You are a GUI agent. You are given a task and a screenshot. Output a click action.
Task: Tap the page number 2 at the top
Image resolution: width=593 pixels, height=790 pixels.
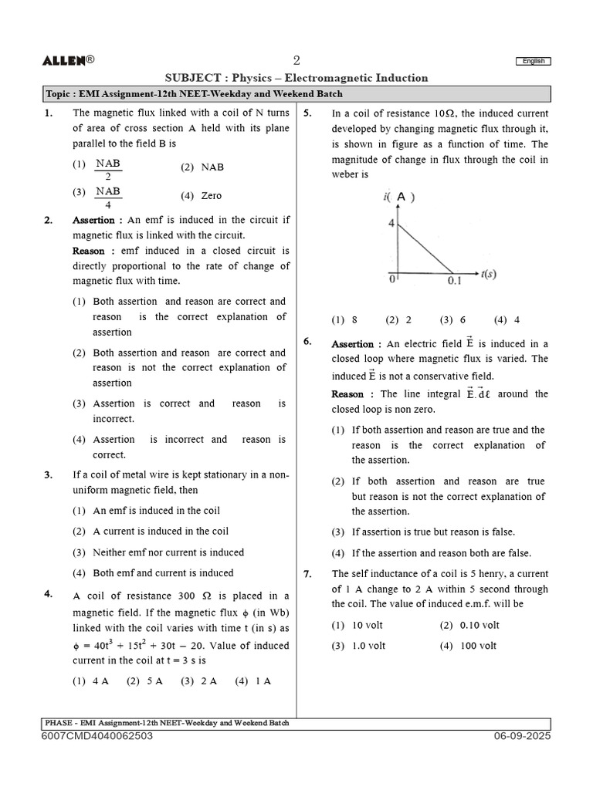[x=296, y=61]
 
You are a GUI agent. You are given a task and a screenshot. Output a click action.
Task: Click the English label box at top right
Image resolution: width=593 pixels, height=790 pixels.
[x=533, y=61]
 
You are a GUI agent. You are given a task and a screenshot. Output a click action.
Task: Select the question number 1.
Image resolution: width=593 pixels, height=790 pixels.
[x=49, y=113]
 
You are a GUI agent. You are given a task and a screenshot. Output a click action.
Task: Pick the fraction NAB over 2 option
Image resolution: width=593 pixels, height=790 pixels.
[x=108, y=169]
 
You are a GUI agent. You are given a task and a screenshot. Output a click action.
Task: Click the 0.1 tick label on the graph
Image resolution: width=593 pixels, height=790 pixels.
[x=454, y=281]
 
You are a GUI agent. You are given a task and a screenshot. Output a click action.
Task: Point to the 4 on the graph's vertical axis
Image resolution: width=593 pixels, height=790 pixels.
[x=391, y=224]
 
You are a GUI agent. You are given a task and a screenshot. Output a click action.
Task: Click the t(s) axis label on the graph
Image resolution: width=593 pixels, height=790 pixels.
[x=488, y=274]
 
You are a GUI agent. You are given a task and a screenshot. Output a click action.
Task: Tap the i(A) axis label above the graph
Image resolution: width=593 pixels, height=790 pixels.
[x=399, y=197]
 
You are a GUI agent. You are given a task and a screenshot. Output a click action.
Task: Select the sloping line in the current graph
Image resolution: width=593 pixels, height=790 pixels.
[x=425, y=248]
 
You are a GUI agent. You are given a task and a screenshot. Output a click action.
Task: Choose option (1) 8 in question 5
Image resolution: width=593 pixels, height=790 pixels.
[x=344, y=319]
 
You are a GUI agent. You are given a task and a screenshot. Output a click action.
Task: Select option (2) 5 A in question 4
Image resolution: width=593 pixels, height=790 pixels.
[x=144, y=681]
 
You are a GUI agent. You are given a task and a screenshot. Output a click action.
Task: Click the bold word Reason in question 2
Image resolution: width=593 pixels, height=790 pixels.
[x=89, y=251]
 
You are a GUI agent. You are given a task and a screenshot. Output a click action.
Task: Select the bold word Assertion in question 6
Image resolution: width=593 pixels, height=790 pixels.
[x=352, y=344]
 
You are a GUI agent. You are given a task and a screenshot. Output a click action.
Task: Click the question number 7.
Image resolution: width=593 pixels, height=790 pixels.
[x=307, y=574]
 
